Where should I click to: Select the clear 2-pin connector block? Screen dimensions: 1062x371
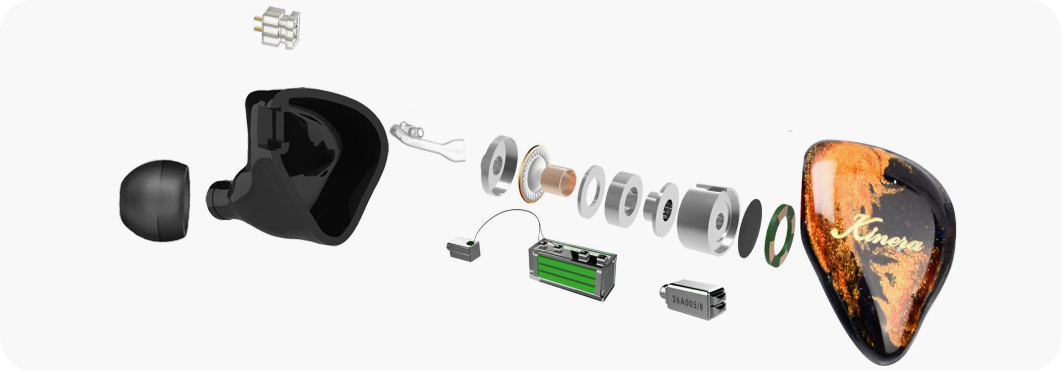278,27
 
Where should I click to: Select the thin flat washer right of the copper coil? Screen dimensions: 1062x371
591,191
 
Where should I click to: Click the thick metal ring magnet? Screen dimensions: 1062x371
624,199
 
